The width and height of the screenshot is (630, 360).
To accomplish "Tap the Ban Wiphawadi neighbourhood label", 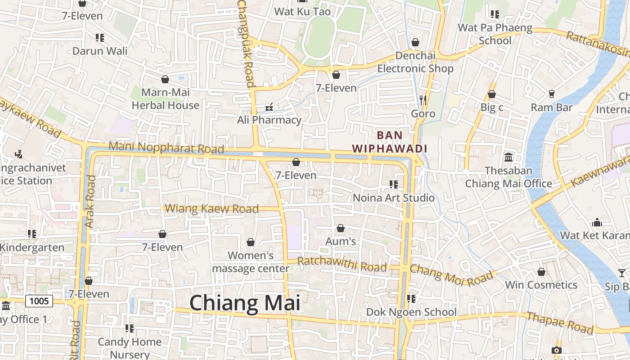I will click(x=389, y=141).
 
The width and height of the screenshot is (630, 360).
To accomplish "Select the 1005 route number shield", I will click(x=39, y=301).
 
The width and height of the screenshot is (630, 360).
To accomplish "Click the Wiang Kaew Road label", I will click(x=212, y=209).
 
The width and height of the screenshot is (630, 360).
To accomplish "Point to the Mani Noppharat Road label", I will click(x=166, y=147).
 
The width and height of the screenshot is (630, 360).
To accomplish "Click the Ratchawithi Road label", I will click(x=342, y=264).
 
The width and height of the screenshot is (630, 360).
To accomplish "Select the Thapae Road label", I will click(x=560, y=323).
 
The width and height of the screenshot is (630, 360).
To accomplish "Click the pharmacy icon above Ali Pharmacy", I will click(x=269, y=107).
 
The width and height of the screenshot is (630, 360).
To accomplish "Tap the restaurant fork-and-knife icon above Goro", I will click(x=423, y=100).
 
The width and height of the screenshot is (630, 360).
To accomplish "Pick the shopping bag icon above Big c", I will click(x=492, y=94).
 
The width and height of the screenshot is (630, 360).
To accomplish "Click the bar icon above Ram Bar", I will click(x=551, y=94).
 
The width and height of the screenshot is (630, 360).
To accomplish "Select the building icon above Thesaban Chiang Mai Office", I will click(x=508, y=157).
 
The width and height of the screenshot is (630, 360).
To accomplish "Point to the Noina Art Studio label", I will click(x=394, y=198).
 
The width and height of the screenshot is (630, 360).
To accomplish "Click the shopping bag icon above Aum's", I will click(x=341, y=228).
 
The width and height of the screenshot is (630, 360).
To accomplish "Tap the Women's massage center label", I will click(x=251, y=262).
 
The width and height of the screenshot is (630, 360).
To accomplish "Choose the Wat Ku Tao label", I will click(x=302, y=12).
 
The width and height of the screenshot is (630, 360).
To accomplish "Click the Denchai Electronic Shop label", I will click(x=415, y=62).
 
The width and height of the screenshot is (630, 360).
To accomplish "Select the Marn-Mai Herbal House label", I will click(x=165, y=99).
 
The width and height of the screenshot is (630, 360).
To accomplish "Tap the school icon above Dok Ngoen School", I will click(x=411, y=298).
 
